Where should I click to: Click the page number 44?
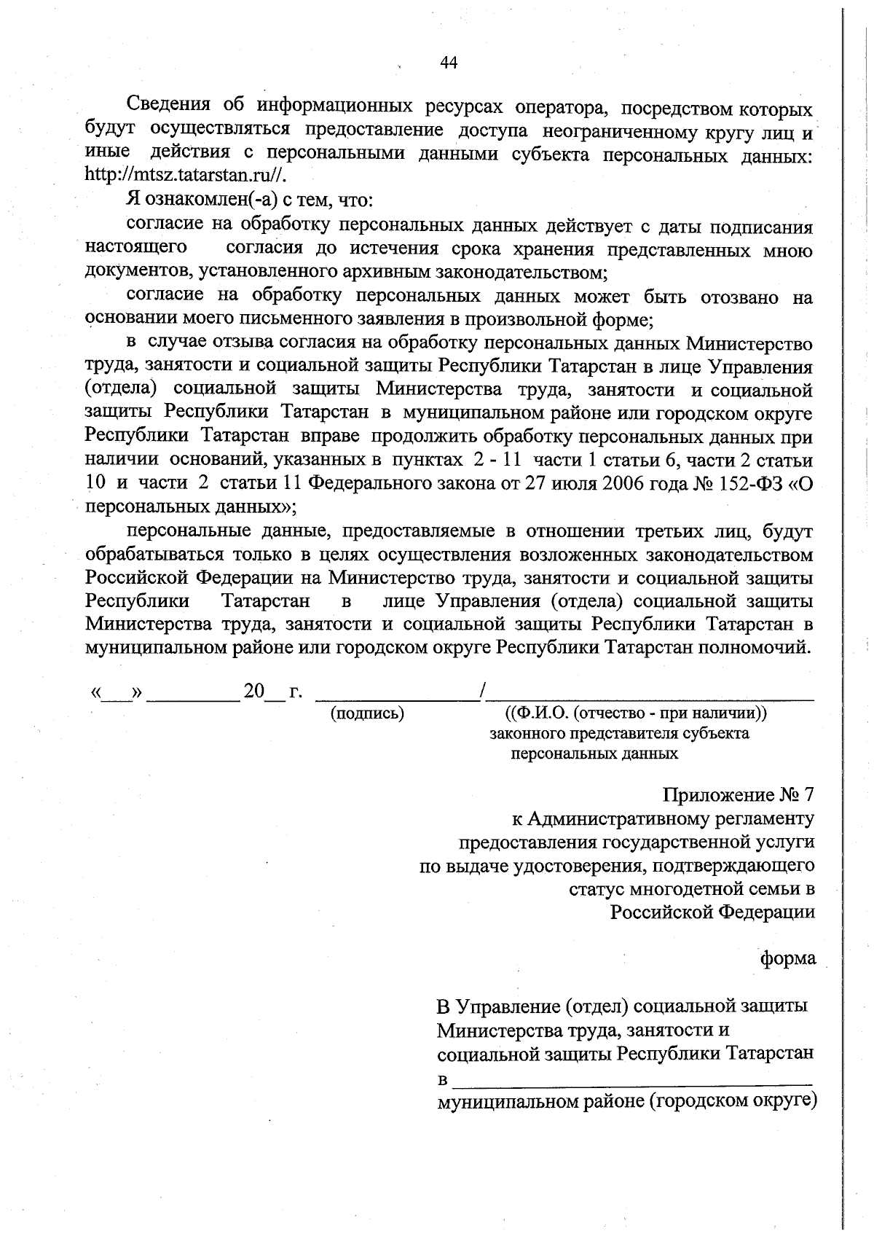click(449, 63)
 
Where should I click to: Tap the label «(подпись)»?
click(368, 713)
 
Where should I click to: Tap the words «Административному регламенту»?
click(670, 818)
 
